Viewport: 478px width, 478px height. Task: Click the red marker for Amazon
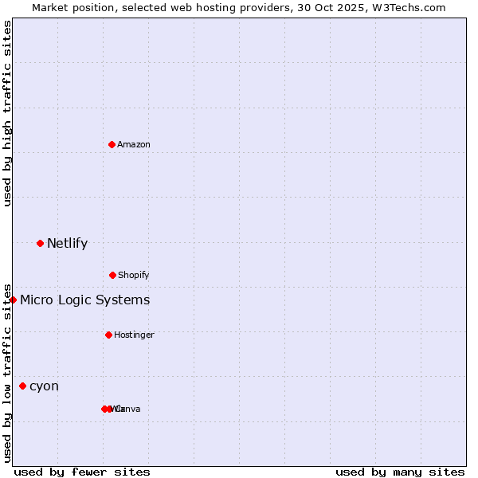click(x=112, y=144)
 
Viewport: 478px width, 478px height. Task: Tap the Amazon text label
click(x=134, y=144)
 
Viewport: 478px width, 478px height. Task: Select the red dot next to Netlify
click(x=40, y=243)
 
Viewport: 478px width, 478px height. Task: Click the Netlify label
click(x=67, y=244)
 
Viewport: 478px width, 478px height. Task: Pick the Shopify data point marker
click(x=112, y=275)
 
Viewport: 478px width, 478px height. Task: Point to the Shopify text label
click(x=134, y=275)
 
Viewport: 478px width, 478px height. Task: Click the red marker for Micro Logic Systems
click(x=14, y=300)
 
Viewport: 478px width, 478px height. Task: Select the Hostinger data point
click(x=108, y=335)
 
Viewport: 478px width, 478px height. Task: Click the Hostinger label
click(x=134, y=335)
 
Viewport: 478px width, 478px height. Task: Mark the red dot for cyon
click(x=22, y=386)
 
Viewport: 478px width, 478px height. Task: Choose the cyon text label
click(x=44, y=386)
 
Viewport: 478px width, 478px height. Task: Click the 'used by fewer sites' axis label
click(x=82, y=472)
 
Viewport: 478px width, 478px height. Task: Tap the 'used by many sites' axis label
click(x=400, y=472)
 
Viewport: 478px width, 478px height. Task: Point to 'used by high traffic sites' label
click(x=7, y=113)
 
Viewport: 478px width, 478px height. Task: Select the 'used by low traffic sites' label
click(x=7, y=372)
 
